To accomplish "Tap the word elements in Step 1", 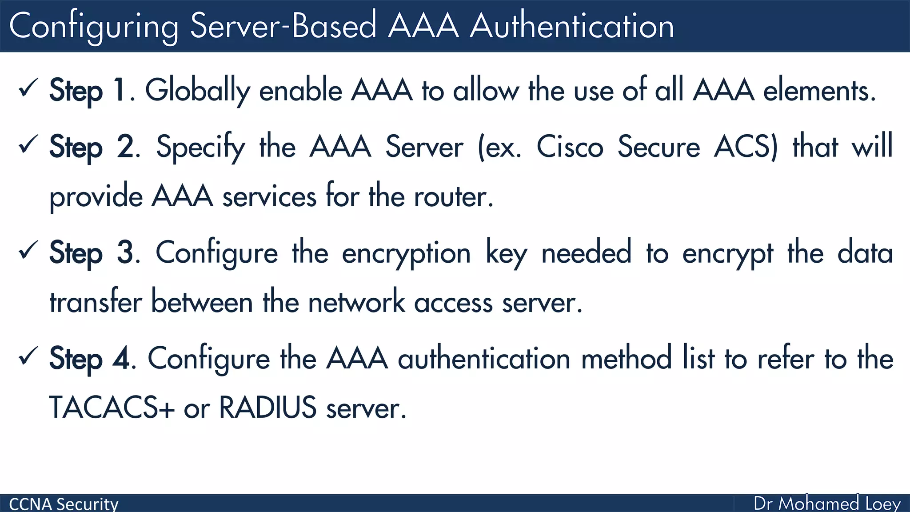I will [x=819, y=91].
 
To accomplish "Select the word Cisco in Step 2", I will [x=570, y=147].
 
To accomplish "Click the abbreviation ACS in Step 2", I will [x=745, y=147].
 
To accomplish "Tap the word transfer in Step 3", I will [x=96, y=302].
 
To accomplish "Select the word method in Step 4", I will [x=627, y=359].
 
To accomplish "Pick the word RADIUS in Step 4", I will [x=267, y=408].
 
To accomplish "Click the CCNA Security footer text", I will [x=64, y=504].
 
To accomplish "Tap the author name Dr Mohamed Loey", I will [x=827, y=504].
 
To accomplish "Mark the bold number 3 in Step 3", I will [x=125, y=252].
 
